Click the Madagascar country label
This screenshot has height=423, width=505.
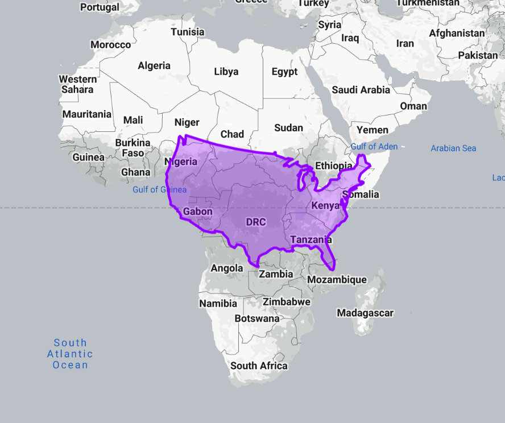365,313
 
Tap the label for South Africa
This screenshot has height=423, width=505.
259,366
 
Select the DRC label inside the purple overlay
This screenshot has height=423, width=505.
256,222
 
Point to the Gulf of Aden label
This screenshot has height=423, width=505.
374,147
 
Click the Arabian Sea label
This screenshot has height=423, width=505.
453,148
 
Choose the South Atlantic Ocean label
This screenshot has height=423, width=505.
71,354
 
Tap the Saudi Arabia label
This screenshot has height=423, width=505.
361,90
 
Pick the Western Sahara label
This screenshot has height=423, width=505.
78,84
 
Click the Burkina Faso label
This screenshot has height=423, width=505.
133,148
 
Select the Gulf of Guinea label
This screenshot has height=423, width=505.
159,189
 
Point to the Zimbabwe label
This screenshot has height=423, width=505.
287,301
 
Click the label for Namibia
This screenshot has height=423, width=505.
218,304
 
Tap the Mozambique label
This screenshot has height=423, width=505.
337,280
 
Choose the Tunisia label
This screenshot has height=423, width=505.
188,32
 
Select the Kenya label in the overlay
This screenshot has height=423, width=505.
325,205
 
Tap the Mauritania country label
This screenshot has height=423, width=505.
87,114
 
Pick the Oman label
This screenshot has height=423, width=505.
413,106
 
